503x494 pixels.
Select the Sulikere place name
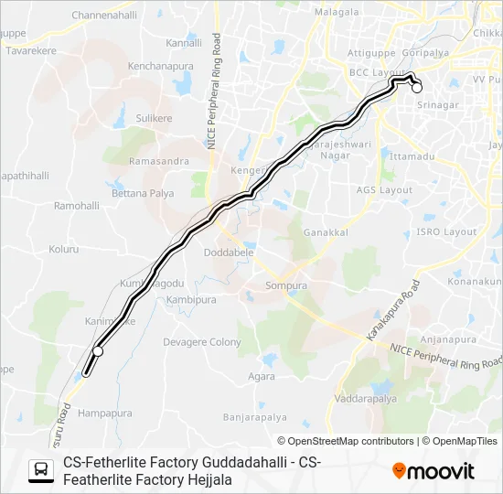click(154, 118)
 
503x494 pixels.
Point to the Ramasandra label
click(159, 161)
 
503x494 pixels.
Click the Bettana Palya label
click(142, 194)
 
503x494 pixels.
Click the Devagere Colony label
click(201, 342)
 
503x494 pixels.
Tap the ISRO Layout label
click(446, 232)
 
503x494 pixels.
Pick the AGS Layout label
click(384, 190)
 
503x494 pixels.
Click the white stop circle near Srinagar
click(417, 89)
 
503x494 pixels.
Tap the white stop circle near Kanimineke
click(98, 351)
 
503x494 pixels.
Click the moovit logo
click(433, 471)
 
